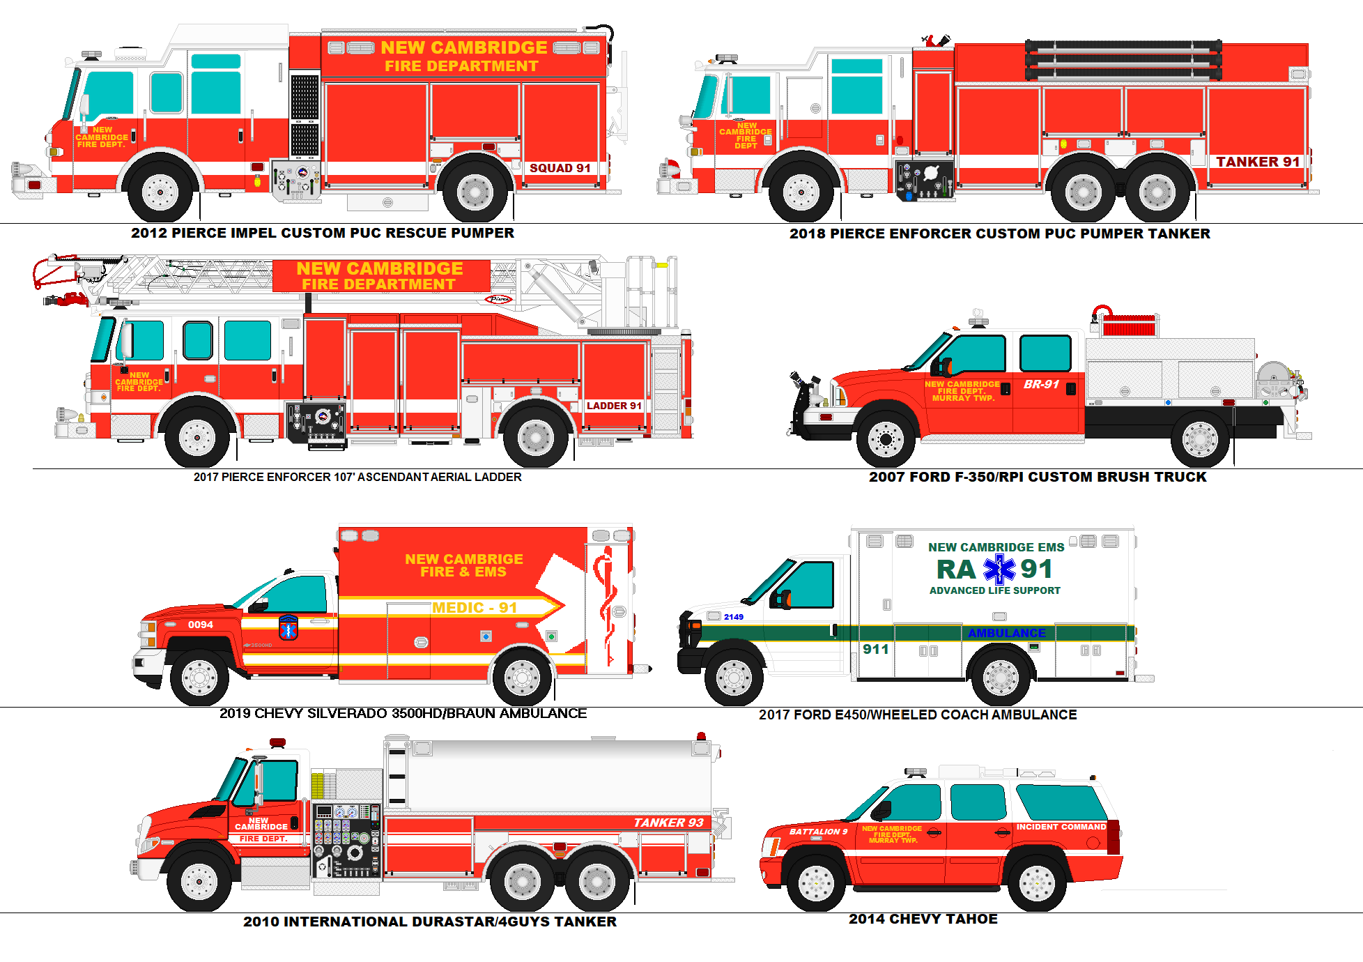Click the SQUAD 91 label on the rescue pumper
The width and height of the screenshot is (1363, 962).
[560, 168]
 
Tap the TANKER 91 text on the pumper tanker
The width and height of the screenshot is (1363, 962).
[1258, 162]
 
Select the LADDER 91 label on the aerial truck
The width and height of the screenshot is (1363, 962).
[613, 406]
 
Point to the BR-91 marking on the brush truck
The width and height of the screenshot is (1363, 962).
[1041, 384]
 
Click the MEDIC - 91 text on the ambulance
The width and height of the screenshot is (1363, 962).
[474, 608]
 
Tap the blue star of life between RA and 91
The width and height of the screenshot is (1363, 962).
[999, 570]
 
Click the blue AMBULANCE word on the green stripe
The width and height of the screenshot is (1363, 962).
[1006, 633]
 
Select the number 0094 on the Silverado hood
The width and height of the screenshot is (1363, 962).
[200, 625]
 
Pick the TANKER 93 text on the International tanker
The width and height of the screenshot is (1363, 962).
[668, 823]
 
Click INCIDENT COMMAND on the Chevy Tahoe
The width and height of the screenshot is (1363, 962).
[1061, 827]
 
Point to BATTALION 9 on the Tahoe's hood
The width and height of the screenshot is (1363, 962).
[818, 832]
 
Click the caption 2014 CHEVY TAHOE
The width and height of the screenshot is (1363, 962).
[923, 919]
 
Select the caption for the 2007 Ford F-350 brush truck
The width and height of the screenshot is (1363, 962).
[1037, 477]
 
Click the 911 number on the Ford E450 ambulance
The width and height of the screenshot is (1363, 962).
[875, 649]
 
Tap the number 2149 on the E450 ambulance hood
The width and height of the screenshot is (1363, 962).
[733, 617]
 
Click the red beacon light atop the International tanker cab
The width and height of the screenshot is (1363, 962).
[277, 742]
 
